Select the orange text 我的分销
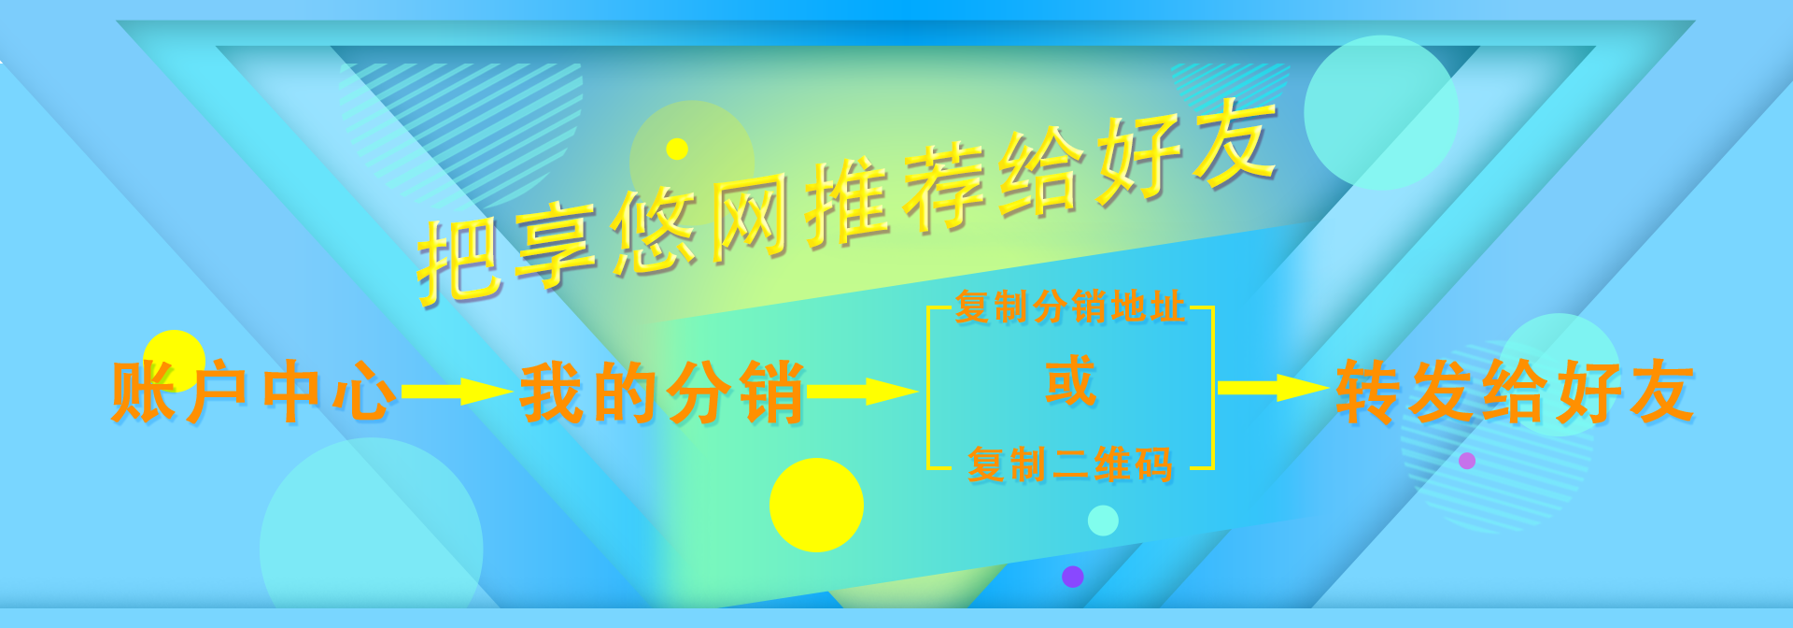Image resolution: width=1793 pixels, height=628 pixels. point(662,392)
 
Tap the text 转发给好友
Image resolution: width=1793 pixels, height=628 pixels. point(1515,392)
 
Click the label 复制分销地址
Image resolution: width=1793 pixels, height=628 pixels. point(1070,307)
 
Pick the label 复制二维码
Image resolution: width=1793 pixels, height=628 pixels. point(1070,464)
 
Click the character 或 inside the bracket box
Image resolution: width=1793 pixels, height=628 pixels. point(1070,381)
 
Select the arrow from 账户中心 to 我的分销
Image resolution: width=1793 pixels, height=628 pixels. point(457,392)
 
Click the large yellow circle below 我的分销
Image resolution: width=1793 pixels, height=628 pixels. point(816,505)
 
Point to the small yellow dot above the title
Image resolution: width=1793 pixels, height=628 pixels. point(677,149)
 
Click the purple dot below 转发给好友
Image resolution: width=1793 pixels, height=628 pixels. point(1467,461)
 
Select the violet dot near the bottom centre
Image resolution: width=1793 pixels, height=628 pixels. point(1073,577)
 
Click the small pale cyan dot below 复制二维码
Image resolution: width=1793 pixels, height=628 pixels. point(1103,521)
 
